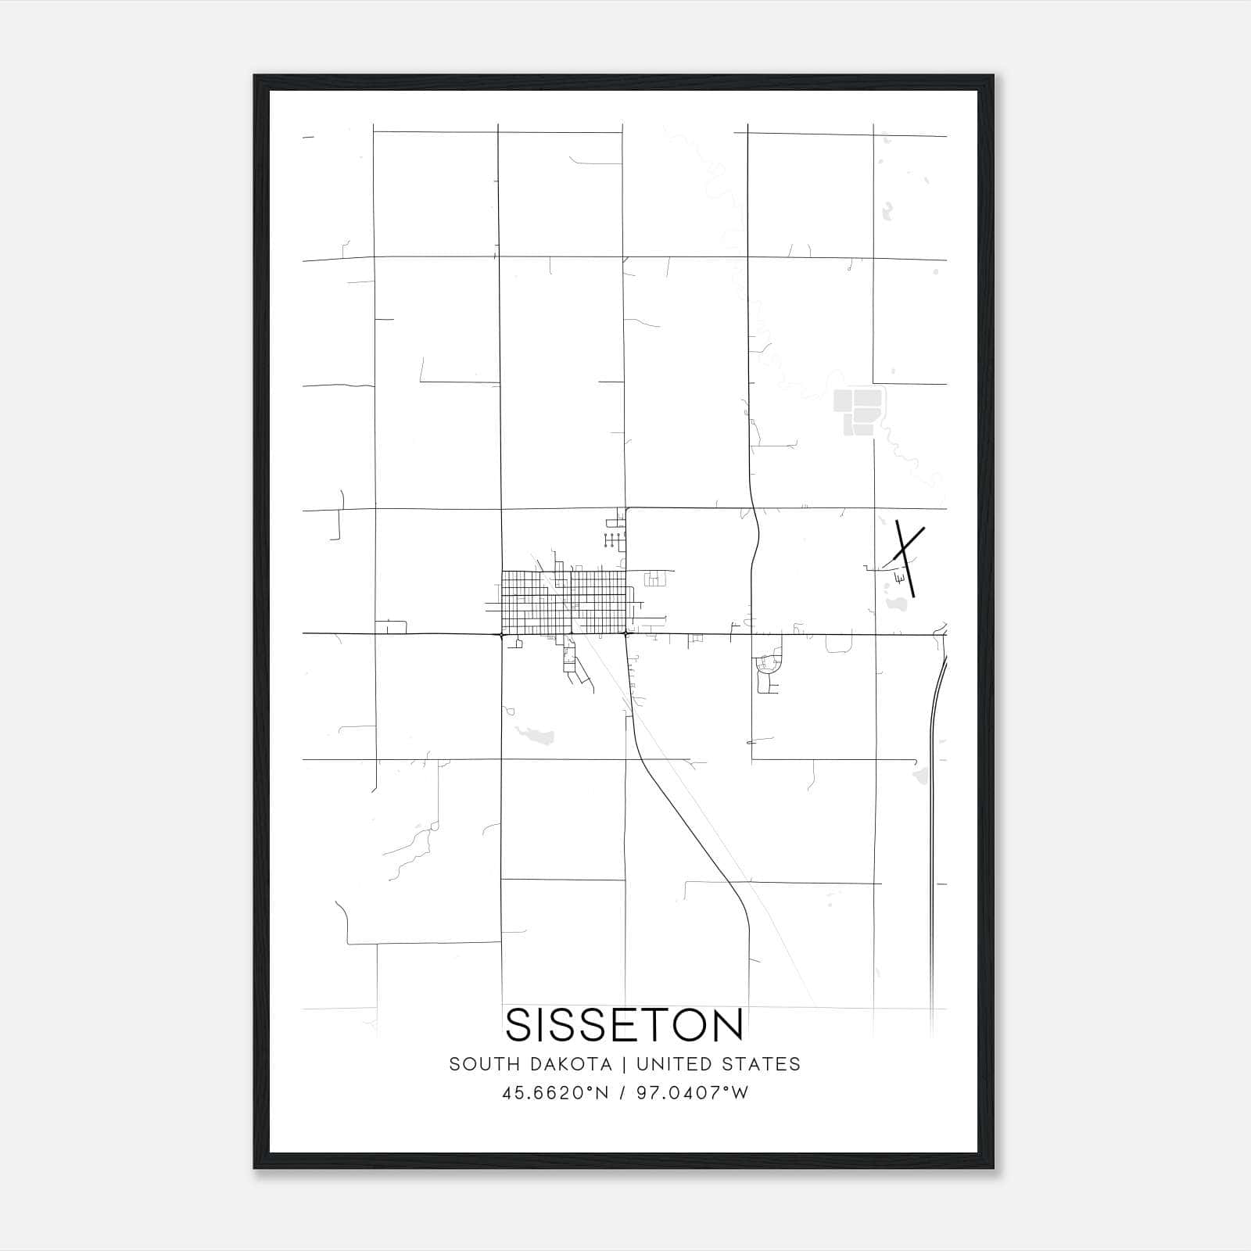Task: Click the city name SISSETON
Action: pos(625,1025)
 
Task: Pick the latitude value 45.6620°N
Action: pos(555,1093)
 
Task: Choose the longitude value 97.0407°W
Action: pos(693,1093)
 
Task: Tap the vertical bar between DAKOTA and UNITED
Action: pos(624,1064)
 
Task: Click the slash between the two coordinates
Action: pos(623,1093)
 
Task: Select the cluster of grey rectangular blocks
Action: pos(858,410)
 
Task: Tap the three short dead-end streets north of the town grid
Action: pos(615,538)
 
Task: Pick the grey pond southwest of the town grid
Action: pos(536,733)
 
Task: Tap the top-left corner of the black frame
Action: pos(255,76)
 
